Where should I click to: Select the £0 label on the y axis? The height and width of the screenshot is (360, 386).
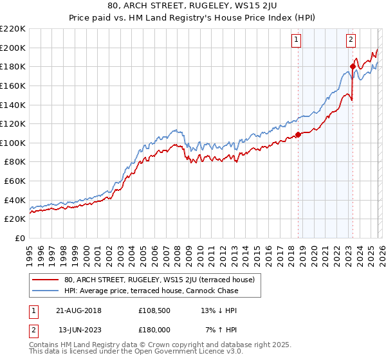20,238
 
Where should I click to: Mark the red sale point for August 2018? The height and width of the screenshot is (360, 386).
298,135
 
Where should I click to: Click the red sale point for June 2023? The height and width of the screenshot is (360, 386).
353,66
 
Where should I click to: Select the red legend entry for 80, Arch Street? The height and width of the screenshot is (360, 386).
160,280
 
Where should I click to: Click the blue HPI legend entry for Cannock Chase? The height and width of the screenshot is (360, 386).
151,291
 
